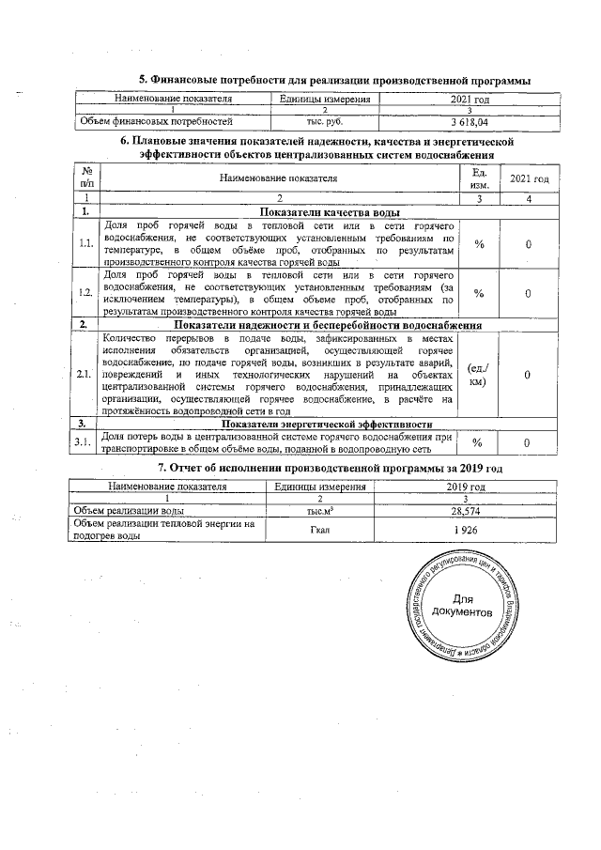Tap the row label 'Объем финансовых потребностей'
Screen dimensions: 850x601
click(156, 122)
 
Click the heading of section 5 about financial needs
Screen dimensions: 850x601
click(335, 81)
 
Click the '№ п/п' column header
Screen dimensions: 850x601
click(86, 177)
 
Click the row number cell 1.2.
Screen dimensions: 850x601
click(86, 293)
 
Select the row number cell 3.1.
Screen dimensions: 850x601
click(86, 442)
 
